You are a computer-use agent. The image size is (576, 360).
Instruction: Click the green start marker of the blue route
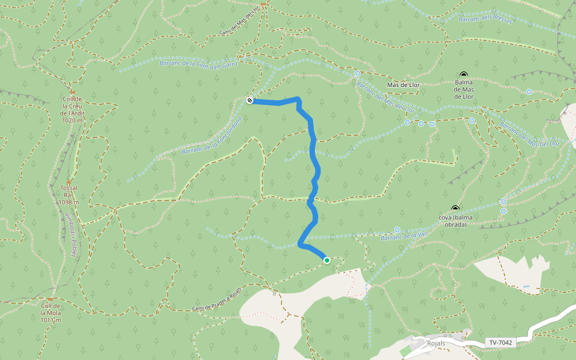tap(326, 260)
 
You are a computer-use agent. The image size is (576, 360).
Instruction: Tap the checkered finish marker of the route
tap(250, 100)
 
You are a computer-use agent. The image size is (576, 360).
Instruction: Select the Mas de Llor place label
tap(403, 85)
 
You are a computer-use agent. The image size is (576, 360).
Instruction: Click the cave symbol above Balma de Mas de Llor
tap(463, 74)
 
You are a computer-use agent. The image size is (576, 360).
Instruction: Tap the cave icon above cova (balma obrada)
tap(454, 208)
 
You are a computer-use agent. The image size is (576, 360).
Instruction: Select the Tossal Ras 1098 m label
tap(69, 195)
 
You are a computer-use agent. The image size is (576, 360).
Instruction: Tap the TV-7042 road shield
tap(500, 343)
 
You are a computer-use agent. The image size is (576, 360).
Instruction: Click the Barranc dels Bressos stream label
tap(485, 19)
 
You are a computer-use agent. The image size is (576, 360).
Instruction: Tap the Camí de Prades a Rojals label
tap(217, 299)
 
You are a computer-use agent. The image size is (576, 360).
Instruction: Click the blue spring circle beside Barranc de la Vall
tap(397, 230)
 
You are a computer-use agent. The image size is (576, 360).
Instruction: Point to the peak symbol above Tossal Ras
tap(68, 182)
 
